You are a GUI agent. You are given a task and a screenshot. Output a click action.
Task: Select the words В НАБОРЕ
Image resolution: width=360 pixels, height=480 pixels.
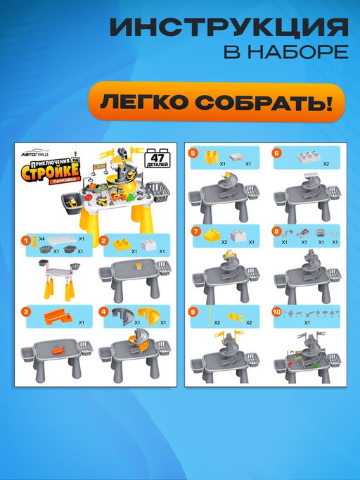pos(285,53)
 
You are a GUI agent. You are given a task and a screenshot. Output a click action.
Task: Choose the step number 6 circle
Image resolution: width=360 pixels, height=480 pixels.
pos(276,152)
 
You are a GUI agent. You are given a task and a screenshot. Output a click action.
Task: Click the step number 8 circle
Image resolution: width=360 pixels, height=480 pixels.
pos(276,230)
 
